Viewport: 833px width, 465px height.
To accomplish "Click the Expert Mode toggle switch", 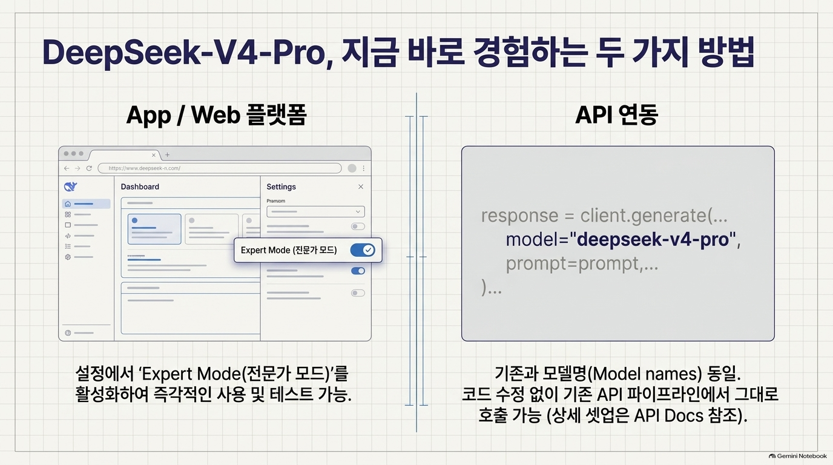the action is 362,250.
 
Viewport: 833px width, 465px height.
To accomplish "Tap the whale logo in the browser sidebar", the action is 70,186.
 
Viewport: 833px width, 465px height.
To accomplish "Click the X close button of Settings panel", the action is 361,186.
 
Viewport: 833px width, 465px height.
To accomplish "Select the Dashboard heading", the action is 140,186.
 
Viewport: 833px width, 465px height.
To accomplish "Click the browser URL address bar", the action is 219,168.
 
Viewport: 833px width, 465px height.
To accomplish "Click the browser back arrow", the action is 67,168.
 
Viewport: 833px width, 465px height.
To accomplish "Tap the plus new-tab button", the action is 167,155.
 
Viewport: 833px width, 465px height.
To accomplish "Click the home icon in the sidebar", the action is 68,204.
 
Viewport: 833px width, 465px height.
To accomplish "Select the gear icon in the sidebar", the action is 68,257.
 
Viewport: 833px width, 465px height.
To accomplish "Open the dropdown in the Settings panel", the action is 315,212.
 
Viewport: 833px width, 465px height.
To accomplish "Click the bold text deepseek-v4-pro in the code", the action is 653,240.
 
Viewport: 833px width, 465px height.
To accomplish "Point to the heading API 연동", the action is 616,114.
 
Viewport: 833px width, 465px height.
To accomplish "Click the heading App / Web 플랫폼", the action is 217,115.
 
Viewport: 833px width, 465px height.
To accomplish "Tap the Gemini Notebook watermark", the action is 798,456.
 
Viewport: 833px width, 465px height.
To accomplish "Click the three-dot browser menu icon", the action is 364,168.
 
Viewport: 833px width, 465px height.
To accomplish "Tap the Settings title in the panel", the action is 281,186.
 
